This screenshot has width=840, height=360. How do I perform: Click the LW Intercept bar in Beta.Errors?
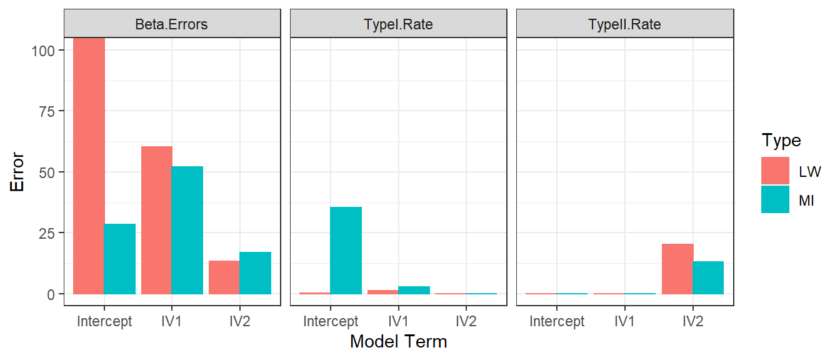89,166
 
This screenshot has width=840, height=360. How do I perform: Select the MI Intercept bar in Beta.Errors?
119,259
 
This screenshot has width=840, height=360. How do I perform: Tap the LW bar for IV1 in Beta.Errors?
157,220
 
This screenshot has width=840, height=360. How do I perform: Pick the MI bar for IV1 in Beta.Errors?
187,230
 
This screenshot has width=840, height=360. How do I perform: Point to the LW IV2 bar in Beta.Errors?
224,277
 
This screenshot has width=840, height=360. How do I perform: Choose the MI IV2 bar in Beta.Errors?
255,273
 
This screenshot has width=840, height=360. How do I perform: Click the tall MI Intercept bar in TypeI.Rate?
346,251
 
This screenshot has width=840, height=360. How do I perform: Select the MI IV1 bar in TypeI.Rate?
414,290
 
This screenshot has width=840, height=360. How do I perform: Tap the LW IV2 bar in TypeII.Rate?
677,269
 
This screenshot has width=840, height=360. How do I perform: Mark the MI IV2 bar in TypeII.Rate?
708,278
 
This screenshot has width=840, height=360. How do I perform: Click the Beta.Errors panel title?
171,24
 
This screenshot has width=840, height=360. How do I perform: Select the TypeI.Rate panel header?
398,24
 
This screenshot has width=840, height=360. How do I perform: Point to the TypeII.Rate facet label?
624,24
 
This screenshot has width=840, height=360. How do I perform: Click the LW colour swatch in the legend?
775,171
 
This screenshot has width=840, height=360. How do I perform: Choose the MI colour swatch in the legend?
775,199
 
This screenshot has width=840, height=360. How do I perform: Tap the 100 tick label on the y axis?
43,51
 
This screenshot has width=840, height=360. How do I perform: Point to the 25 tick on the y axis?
47,234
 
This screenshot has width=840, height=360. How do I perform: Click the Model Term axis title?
398,342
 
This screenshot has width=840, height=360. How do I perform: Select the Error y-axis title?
17,172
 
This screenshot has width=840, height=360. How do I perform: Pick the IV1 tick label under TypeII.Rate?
624,321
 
